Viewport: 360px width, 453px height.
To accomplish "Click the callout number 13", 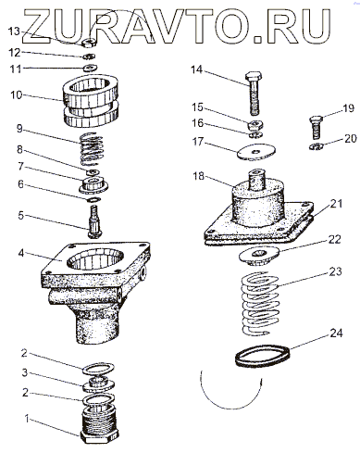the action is click(14, 31).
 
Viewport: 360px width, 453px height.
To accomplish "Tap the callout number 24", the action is click(336, 333).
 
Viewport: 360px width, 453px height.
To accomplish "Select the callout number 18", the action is click(199, 176).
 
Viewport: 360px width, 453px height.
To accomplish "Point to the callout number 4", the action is click(20, 253).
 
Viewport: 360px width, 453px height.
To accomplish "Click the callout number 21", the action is click(336, 204).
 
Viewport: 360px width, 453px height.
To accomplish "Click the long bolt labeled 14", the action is click(254, 94).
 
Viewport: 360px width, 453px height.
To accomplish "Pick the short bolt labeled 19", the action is click(316, 127).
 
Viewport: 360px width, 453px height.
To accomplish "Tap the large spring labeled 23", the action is click(260, 303).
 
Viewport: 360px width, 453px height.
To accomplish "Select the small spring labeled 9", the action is click(92, 149).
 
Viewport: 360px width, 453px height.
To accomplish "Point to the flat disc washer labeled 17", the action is click(256, 152).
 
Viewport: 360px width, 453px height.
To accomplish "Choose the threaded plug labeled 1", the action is click(100, 427).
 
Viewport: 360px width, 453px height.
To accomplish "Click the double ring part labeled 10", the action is click(91, 104).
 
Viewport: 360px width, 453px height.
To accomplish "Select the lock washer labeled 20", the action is click(316, 146).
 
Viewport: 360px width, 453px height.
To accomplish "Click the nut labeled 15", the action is click(255, 124).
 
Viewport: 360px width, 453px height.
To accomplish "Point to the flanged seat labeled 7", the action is click(93, 184).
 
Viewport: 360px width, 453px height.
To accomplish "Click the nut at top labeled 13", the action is click(90, 43).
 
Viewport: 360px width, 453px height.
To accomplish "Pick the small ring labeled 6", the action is click(93, 200).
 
